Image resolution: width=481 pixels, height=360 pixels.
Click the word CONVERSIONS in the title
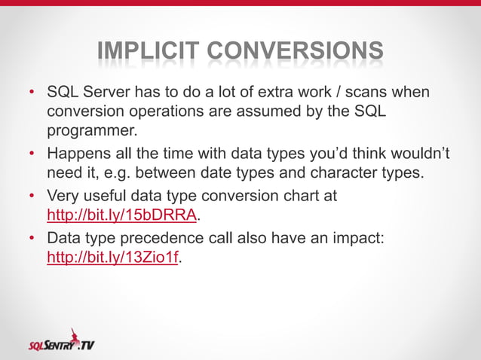pyautogui.click(x=294, y=51)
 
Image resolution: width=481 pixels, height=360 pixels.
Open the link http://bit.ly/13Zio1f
pyautogui.click(x=113, y=258)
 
